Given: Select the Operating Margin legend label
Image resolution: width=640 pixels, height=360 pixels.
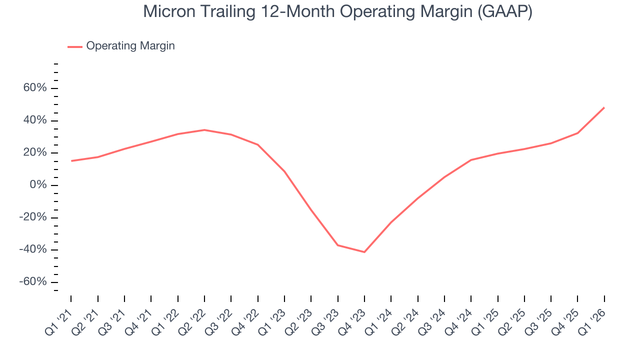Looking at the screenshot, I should tap(130, 46).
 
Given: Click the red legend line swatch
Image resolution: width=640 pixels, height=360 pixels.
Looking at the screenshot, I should tap(75, 46).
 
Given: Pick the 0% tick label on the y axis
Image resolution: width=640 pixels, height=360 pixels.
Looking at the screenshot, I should tap(38, 185).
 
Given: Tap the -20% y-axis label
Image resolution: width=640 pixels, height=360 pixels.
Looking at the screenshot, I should tap(33, 217).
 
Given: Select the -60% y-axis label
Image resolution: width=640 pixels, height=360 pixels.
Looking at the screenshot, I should tap(33, 282).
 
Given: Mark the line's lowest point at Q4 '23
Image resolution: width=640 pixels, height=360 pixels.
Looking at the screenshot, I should tap(364, 252).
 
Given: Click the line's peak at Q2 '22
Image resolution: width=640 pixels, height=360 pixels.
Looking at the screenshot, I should tap(204, 130).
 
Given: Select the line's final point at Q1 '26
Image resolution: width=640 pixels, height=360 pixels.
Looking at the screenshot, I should tap(604, 107).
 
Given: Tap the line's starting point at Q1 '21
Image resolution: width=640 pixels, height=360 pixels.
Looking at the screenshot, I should tap(71, 161).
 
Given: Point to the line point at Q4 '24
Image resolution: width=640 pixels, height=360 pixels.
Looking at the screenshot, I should tap(471, 160).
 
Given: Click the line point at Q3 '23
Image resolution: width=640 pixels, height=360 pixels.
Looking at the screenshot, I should tap(338, 245).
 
